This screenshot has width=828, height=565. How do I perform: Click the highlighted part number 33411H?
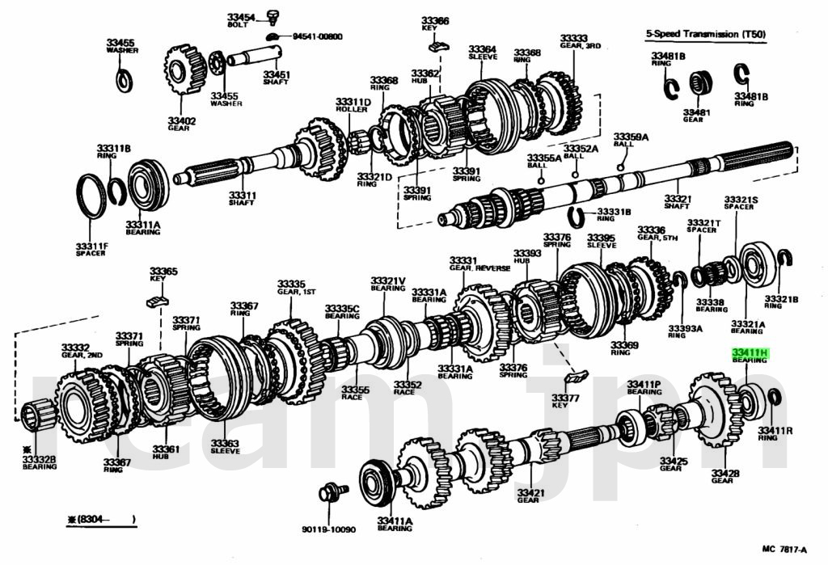[749, 353]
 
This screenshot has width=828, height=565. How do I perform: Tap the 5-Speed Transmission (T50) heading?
[705, 35]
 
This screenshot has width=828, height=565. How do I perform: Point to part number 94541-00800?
[317, 36]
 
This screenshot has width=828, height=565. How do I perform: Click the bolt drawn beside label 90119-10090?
[331, 492]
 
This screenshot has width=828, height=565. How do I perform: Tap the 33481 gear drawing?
[700, 84]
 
